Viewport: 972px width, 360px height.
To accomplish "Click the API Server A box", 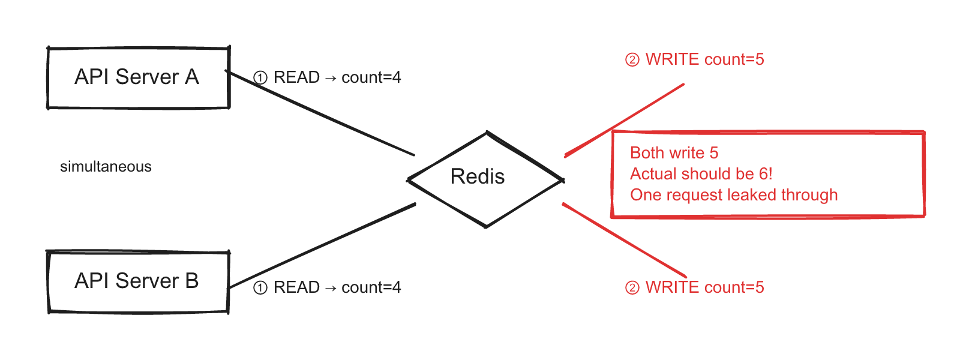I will coord(138,78).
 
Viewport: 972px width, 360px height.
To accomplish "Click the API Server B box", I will coord(138,282).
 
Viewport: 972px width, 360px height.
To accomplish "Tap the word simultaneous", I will coord(106,167).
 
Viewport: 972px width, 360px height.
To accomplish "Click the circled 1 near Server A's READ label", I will coord(260,78).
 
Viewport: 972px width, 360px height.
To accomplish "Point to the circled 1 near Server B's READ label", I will coord(260,288).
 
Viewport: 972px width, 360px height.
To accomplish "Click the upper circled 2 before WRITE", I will coord(632,60).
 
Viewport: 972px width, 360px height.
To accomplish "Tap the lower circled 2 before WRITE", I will coord(632,288).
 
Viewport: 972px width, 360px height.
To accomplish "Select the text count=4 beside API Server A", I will coord(371,78).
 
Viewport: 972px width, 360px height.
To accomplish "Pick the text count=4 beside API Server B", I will coord(371,288).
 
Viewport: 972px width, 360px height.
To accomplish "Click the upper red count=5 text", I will coord(734,60).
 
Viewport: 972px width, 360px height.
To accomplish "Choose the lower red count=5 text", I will coord(734,288).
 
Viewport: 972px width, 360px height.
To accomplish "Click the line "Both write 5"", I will coord(674,153).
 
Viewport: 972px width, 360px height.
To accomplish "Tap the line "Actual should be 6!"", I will coord(701,174).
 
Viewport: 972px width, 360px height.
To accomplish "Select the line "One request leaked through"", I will coord(733,195).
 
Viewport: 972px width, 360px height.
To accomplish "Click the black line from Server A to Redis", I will coord(324,114).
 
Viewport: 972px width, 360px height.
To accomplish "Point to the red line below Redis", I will coord(624,240).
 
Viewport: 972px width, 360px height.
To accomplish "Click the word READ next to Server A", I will coord(296,78).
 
